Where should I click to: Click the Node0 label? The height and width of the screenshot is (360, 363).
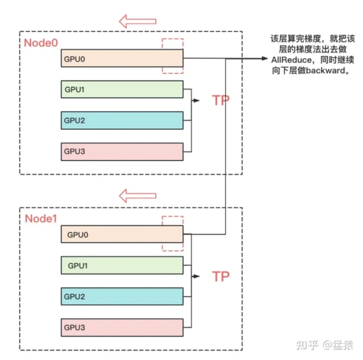pos(41,42)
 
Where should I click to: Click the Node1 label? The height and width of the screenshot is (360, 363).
pos(41,219)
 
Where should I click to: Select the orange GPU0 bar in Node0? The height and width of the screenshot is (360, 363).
pos(122,58)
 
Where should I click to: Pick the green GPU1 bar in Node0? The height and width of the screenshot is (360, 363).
pos(122,89)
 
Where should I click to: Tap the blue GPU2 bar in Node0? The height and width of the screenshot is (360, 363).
pos(122,120)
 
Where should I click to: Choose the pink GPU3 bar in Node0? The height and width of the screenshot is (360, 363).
pos(122,151)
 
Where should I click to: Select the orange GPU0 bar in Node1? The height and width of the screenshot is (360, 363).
pos(122,235)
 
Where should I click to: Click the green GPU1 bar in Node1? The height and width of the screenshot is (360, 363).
pos(122,266)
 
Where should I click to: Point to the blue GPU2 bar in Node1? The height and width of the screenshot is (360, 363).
pos(122,297)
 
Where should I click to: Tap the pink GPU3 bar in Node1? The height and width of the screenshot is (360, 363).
pos(122,328)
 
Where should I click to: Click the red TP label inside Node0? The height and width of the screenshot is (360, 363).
pos(221,100)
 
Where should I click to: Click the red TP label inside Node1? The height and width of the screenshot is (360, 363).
pos(221,276)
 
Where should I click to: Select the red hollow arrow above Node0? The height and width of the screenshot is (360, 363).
pos(138,22)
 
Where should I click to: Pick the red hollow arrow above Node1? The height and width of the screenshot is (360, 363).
pos(138,196)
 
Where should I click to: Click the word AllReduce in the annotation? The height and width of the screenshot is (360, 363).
pos(291,60)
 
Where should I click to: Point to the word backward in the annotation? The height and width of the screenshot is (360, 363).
pos(325,70)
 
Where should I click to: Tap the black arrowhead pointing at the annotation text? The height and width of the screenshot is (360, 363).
pos(265,58)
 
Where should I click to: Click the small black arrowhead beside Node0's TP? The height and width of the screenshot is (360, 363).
pos(196,101)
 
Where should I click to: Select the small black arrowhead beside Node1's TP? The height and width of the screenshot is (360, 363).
pos(196,276)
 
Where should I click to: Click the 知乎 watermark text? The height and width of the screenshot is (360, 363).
pos(307,345)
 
